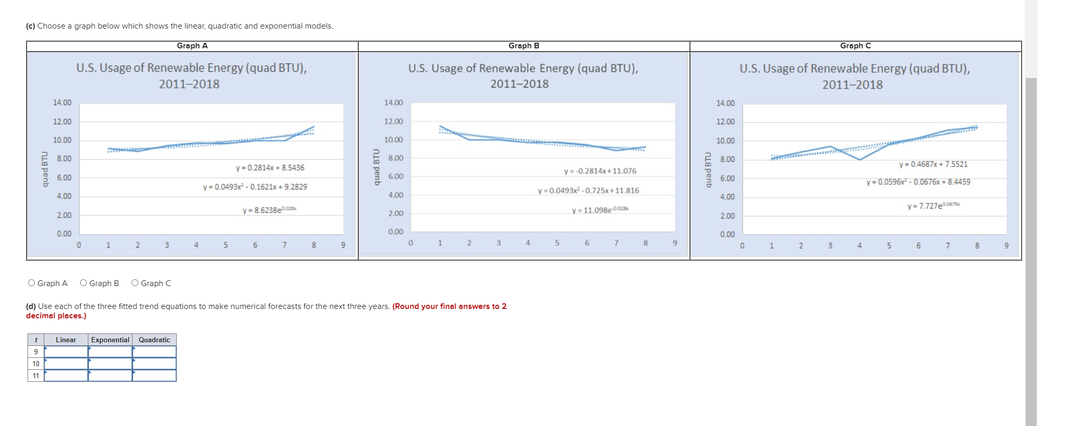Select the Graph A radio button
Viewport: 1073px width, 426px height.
[32, 283]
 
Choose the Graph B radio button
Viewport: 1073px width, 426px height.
[83, 283]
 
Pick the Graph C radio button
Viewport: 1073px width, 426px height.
[135, 283]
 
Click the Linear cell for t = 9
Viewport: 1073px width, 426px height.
[66, 352]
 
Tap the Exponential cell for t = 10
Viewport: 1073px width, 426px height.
[110, 364]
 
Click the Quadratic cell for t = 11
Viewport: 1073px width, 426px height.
[154, 376]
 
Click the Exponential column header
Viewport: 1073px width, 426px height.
[110, 340]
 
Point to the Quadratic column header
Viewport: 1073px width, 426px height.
[154, 340]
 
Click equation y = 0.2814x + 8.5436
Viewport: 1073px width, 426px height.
[270, 167]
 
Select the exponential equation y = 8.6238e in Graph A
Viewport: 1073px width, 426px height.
[269, 210]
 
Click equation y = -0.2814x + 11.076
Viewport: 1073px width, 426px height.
[600, 171]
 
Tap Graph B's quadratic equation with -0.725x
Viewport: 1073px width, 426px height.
[588, 190]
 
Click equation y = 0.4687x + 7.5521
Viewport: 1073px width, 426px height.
[933, 164]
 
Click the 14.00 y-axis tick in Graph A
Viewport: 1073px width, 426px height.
[62, 102]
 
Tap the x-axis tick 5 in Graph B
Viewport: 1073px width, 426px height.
[557, 243]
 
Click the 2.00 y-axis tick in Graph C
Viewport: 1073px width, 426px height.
[727, 216]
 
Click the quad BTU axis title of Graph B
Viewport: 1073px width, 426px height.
[376, 167]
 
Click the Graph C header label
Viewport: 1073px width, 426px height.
[855, 46]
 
